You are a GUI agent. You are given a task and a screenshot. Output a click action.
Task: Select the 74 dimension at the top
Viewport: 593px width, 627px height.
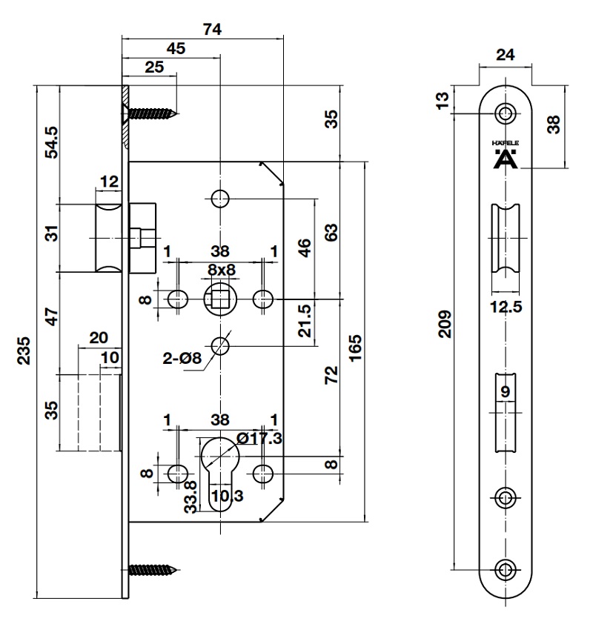[212, 29]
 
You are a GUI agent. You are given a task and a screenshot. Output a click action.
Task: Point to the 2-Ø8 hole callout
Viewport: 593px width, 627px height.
[182, 359]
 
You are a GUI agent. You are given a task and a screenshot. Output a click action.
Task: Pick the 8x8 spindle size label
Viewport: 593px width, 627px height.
[220, 270]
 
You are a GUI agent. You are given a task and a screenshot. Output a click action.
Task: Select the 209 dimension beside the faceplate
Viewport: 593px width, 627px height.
[444, 323]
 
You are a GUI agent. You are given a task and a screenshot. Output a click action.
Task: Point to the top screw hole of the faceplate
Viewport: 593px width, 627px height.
[507, 113]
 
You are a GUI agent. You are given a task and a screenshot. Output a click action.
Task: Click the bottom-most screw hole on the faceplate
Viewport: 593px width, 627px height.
[507, 569]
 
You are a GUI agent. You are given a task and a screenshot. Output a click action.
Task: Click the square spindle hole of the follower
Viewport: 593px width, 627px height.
[219, 299]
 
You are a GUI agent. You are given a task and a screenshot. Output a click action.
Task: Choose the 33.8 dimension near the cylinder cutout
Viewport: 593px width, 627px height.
[191, 495]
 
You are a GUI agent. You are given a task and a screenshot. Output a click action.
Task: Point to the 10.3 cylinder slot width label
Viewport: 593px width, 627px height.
[226, 497]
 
